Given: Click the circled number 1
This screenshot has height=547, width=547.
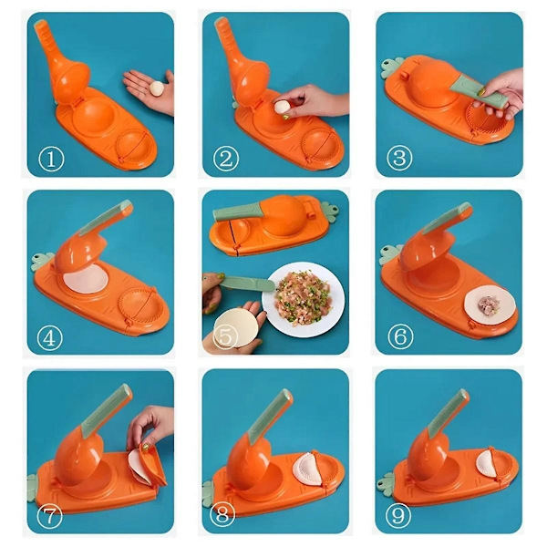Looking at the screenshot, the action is click(51, 159).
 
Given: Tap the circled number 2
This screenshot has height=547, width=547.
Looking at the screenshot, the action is click(226, 159).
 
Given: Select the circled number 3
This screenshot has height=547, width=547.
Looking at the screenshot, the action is click(400, 158).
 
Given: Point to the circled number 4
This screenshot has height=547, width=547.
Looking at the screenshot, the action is click(49, 338).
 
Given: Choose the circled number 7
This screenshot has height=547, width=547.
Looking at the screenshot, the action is click(49, 516).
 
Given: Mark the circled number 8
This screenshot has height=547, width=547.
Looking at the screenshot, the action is click(222, 514).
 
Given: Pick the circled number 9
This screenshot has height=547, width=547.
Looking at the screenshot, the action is click(398, 515).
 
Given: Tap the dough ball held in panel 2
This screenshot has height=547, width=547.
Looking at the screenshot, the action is click(282, 107).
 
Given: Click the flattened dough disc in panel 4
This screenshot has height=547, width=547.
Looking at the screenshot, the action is click(86, 279).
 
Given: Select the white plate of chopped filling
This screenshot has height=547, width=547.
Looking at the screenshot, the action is click(303, 299).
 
